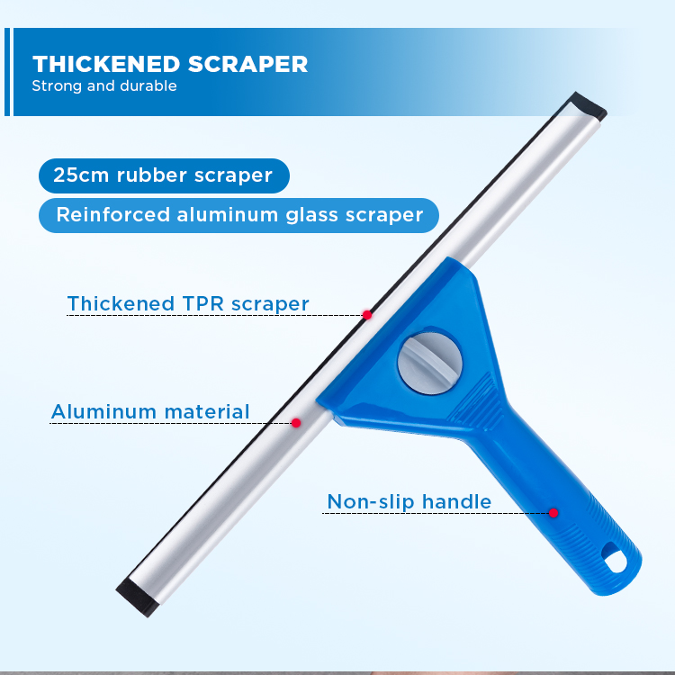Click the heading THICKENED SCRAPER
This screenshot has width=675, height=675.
(x=170, y=64)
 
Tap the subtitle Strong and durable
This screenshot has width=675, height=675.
(x=104, y=86)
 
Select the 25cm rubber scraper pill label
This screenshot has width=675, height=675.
(x=164, y=175)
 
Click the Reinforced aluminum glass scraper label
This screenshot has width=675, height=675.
(x=238, y=215)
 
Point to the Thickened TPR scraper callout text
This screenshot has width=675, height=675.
(x=188, y=303)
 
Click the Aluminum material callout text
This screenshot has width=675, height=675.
(x=150, y=411)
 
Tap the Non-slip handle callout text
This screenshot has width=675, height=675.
(x=409, y=501)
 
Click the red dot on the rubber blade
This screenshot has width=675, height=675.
(x=367, y=315)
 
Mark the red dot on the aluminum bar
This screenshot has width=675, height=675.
(x=296, y=423)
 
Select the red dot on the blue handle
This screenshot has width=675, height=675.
(x=553, y=513)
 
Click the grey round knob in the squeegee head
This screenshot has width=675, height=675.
(x=429, y=363)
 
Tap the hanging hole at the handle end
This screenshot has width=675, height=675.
(x=615, y=558)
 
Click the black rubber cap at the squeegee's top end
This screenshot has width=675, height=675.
(x=588, y=106)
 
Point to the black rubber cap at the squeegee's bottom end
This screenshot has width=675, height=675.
(x=137, y=597)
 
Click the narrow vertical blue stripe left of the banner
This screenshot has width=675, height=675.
(x=7, y=72)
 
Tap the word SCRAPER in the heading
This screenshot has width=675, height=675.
(x=248, y=64)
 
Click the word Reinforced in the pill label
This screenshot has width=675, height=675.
(x=113, y=215)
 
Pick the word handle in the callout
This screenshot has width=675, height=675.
(x=456, y=501)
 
